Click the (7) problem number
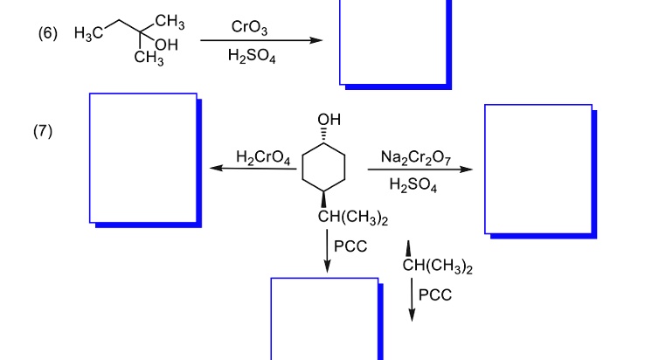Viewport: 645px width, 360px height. (x=44, y=131)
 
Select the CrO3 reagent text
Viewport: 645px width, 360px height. (x=250, y=28)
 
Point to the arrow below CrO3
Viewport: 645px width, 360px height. (x=258, y=41)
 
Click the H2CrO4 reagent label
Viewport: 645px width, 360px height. (x=263, y=157)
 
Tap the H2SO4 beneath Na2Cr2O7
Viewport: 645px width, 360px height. (x=413, y=185)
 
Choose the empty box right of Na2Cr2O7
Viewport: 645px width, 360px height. (x=538, y=169)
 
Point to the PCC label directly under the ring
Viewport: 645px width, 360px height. (x=350, y=246)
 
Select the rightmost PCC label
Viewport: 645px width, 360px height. (x=435, y=294)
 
